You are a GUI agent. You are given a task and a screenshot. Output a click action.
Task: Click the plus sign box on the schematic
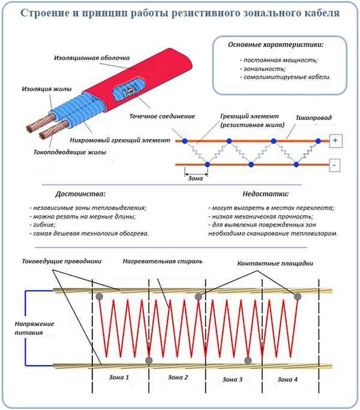click(x=335, y=141)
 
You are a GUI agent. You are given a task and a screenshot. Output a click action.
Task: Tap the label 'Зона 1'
click(x=119, y=378)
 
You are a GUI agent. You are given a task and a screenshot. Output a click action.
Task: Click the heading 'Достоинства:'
click(x=79, y=194)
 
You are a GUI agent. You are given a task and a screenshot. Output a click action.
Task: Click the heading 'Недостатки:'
click(x=266, y=194)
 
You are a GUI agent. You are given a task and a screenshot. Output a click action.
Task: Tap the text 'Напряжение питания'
click(x=34, y=328)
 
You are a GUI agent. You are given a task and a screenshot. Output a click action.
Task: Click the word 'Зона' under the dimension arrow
click(x=196, y=179)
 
